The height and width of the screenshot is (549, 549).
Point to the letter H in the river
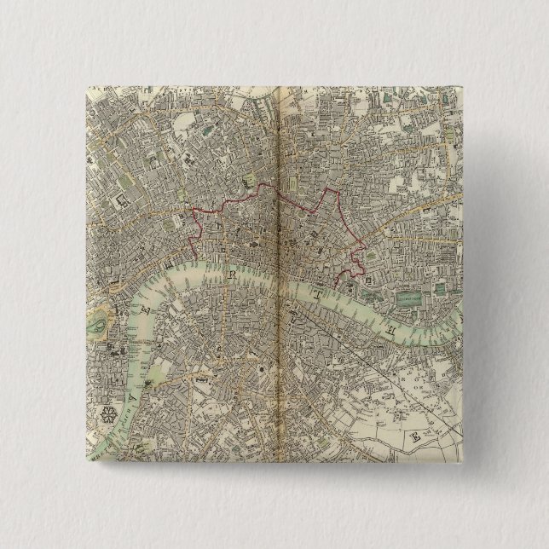(394, 327)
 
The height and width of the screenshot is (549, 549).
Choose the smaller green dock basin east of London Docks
(442, 289)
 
